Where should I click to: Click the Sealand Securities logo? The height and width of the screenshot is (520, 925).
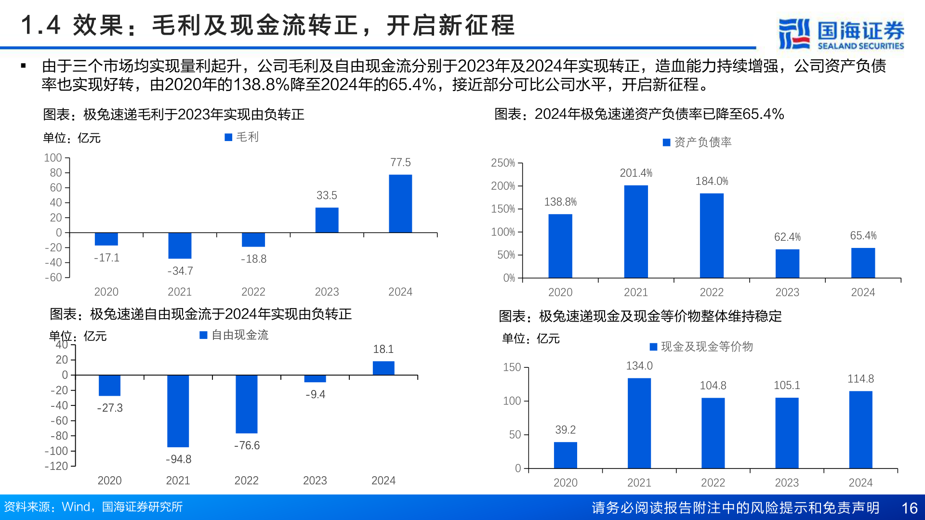click(x=841, y=34)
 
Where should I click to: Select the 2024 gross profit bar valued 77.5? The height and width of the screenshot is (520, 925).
click(x=400, y=204)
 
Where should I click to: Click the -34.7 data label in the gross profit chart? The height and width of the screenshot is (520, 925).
click(x=180, y=271)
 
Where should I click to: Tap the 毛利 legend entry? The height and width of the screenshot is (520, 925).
click(x=242, y=137)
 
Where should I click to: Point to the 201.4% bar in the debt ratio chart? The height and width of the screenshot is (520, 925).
click(x=636, y=231)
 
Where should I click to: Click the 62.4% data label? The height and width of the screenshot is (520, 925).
click(x=787, y=237)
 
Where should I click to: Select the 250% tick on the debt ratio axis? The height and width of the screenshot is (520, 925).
click(x=503, y=163)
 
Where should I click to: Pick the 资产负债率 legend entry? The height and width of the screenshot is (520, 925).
click(x=697, y=142)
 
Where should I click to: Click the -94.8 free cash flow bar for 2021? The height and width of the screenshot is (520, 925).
click(x=178, y=411)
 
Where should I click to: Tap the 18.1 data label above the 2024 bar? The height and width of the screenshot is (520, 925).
click(x=383, y=349)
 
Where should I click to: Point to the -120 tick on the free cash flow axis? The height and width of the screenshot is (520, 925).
click(x=56, y=466)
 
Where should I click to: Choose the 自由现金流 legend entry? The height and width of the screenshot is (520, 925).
click(x=234, y=335)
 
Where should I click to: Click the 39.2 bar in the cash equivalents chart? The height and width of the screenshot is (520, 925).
click(x=565, y=455)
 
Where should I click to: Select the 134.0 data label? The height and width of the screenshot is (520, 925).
click(x=639, y=366)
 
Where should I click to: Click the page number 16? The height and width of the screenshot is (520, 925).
click(x=909, y=508)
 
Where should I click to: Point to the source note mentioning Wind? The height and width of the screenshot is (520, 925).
click(x=93, y=507)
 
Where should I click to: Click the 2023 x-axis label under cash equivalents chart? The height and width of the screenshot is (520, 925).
click(x=787, y=482)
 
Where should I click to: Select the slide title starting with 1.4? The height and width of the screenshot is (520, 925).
click(x=268, y=25)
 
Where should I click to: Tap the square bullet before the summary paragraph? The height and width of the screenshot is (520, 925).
click(x=23, y=66)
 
